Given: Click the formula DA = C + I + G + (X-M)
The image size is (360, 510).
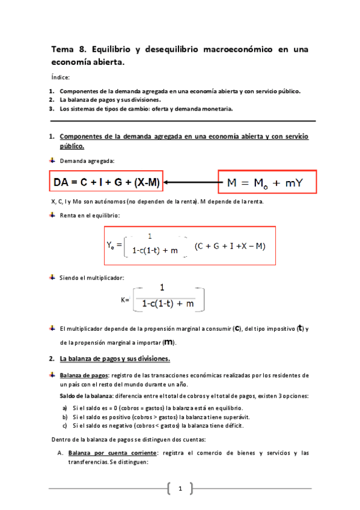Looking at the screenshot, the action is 108,181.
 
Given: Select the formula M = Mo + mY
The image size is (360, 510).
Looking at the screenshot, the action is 265,182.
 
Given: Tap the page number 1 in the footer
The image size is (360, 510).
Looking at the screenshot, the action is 180,488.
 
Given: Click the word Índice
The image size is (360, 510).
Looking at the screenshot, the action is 61,77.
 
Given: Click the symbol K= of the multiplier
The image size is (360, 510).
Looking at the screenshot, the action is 125,299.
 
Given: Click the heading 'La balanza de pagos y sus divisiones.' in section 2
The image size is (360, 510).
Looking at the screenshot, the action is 115,359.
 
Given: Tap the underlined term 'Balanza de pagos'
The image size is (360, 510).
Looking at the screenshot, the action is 80,375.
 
